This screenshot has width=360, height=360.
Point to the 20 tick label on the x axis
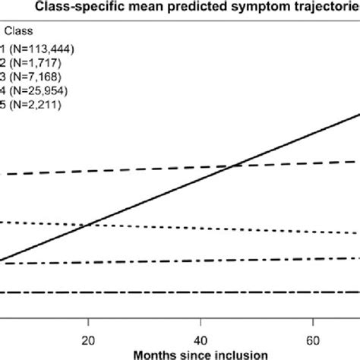pos(88,339)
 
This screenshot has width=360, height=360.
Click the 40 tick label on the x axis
pos(200,339)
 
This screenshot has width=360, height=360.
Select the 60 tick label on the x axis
pos(311,339)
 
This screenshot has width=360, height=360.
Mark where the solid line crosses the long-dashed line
pos(232,166)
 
